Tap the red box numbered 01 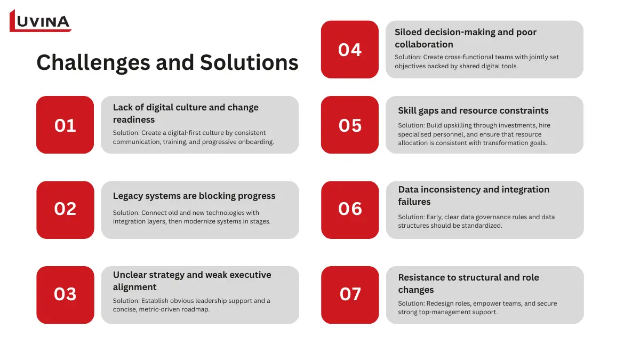pyautogui.click(x=65, y=125)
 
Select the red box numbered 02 pyautogui.click(x=65, y=210)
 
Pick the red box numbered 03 pyautogui.click(x=65, y=294)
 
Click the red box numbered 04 pyautogui.click(x=350, y=50)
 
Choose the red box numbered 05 pyautogui.click(x=350, y=125)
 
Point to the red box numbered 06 pyautogui.click(x=350, y=210)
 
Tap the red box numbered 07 pyautogui.click(x=350, y=294)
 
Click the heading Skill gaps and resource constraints pyautogui.click(x=473, y=110)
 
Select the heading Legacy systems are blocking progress pyautogui.click(x=194, y=196)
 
